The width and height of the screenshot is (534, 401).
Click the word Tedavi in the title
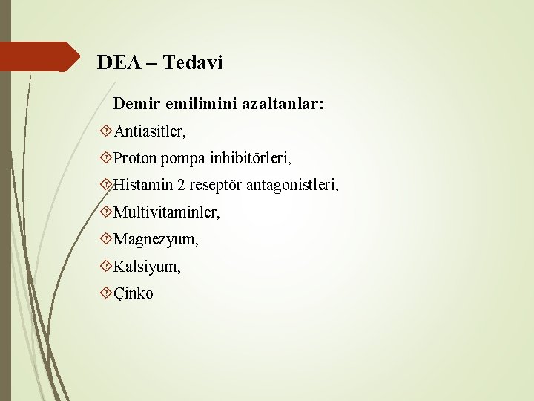pos(192,63)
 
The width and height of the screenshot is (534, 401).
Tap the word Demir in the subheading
pos(135,105)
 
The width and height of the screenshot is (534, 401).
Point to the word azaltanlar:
pos(283,105)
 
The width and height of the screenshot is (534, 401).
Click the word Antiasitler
pos(150,131)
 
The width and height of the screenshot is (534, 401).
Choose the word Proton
pos(135,158)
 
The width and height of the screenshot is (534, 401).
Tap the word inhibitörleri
pos(250,158)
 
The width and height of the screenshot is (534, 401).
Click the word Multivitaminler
pos(167,213)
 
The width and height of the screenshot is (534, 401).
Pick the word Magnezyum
pos(156,240)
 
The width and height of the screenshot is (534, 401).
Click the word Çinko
pos(133,293)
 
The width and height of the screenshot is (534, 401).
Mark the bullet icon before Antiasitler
pos(106,131)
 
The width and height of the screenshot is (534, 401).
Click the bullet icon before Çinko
pos(106,293)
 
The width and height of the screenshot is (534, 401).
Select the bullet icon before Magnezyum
pos(106,240)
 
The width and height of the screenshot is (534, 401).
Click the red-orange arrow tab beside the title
pos(41,56)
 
